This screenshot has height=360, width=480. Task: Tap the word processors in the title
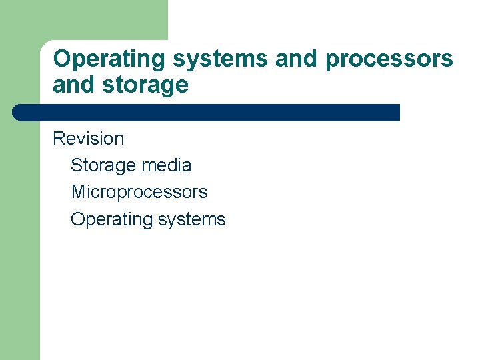point(389,59)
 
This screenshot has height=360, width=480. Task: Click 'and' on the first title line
point(297,59)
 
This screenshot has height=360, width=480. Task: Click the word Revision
point(88,139)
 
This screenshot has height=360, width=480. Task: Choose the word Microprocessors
point(139,192)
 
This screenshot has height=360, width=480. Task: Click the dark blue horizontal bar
point(207,113)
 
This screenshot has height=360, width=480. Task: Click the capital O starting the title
point(61,59)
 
